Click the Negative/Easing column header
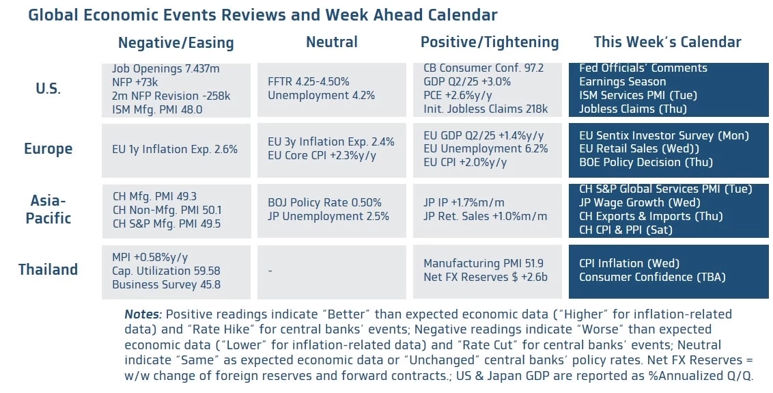tap(175, 43)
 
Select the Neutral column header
tap(331, 42)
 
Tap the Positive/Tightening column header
tap(489, 42)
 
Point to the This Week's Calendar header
tap(667, 42)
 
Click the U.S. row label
tap(48, 89)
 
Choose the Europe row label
tap(48, 149)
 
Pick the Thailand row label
tap(48, 269)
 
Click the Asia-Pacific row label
tap(48, 209)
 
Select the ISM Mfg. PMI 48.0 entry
tap(157, 109)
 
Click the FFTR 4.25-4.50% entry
tap(308, 82)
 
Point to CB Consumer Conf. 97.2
tap(483, 68)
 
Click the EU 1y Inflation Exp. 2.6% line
tap(175, 149)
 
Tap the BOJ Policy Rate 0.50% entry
tap(324, 203)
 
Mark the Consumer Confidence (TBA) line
tap(652, 277)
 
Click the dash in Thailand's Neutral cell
tap(270, 271)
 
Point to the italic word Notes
tap(143, 314)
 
